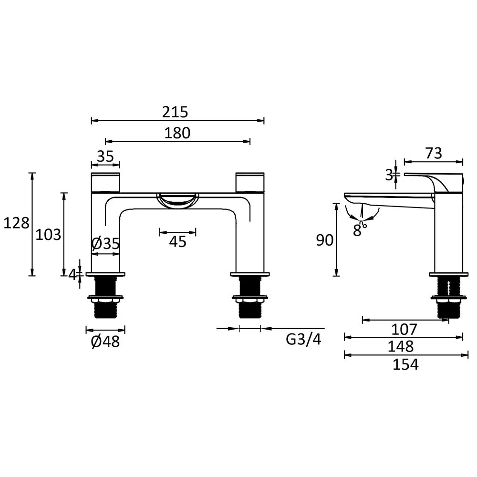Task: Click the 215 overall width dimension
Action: point(175,112)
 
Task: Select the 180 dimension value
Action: point(177,133)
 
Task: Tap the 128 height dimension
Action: point(16,223)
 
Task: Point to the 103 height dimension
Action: point(49,234)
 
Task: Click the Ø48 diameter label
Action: point(105,342)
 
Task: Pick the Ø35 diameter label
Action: point(105,244)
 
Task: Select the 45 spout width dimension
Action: point(177,242)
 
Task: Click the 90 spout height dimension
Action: point(325,241)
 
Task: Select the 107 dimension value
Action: point(404,329)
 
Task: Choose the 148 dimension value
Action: point(404,346)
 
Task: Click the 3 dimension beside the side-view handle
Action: point(389,175)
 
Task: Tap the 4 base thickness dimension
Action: point(72,274)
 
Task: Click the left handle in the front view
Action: point(105,182)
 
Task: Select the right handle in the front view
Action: point(250,182)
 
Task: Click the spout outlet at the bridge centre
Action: point(177,200)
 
